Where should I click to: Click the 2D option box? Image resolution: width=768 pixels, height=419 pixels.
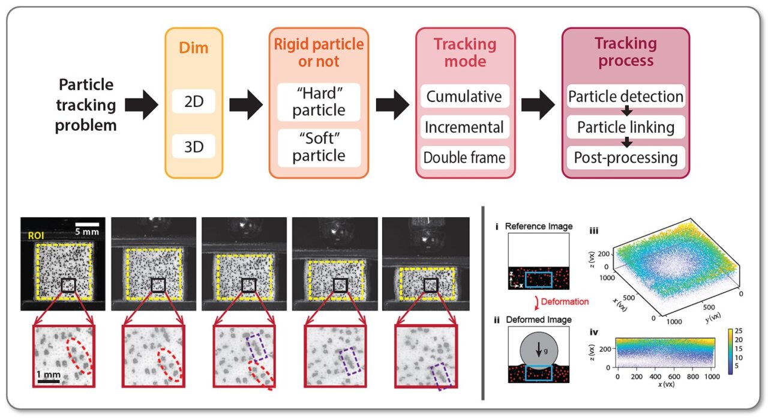coord(193,102)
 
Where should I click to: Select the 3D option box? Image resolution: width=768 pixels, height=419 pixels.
coord(193,146)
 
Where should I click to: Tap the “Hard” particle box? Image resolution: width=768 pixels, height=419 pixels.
coord(319,102)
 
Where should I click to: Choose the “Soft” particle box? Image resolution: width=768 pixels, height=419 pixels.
coord(319,148)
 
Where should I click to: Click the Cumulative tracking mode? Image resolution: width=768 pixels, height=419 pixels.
coord(464,97)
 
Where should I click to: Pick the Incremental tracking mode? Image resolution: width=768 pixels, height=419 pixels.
coord(464,127)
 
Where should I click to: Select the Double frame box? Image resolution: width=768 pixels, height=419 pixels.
coord(464,158)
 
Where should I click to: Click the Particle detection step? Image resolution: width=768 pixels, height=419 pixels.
coord(626,97)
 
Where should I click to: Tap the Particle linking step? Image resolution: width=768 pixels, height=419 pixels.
coord(626,127)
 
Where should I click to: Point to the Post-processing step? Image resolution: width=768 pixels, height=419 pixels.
coord(626,158)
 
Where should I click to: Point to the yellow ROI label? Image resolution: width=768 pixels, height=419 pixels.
coord(33,237)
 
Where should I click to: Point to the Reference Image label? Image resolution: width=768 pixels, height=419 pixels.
coord(538,226)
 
